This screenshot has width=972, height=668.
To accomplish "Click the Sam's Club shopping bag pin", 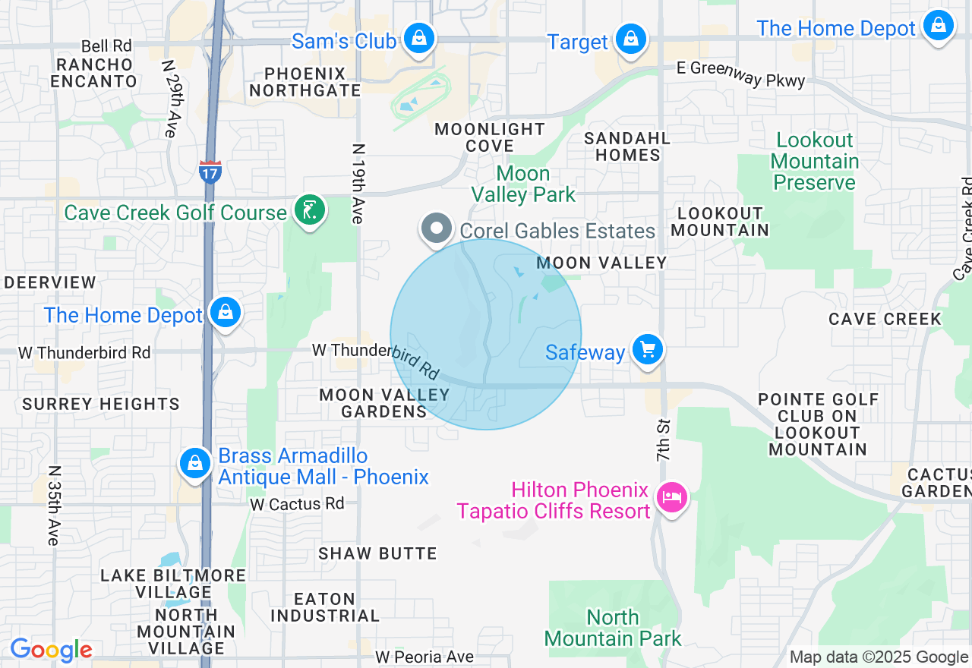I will [x=418, y=37].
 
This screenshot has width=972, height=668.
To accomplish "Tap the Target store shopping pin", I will [x=630, y=39].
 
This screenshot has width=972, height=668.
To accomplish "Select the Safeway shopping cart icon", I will [x=647, y=350].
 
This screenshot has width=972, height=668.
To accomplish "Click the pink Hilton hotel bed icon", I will [x=672, y=498].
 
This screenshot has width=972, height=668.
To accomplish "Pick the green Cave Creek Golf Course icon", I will [x=309, y=210].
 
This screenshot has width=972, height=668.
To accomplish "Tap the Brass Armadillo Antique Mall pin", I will [x=195, y=462].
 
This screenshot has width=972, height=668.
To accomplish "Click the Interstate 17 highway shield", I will [x=210, y=172].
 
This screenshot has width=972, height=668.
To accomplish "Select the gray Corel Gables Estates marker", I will [x=437, y=228].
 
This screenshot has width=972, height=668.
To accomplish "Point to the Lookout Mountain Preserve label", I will [x=815, y=161].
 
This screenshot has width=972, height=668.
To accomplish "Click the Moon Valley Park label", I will [x=523, y=184].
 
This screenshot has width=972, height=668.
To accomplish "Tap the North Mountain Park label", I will [x=613, y=628].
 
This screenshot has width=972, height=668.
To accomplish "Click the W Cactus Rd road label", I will [x=297, y=503].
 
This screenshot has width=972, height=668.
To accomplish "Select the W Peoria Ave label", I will [x=424, y=657].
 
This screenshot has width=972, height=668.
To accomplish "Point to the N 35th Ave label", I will [x=53, y=505].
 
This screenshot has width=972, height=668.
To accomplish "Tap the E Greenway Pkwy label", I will [x=740, y=74].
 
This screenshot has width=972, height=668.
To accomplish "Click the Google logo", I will [x=51, y=651].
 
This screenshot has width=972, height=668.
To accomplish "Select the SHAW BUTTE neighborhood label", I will [x=377, y=553].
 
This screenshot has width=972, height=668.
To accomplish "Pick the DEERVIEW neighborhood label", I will [x=50, y=282].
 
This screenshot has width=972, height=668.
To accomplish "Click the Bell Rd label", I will [x=106, y=47].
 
